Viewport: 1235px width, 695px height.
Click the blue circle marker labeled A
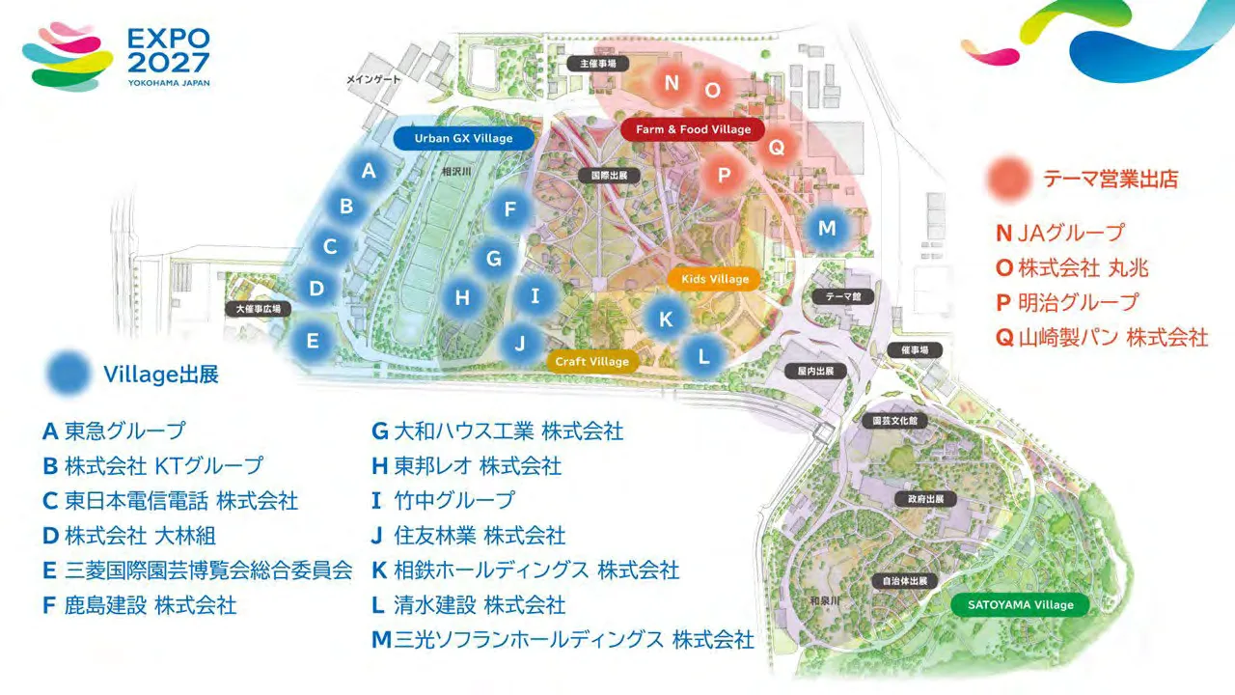coord(369,171)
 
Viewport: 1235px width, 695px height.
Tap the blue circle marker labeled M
coord(827,229)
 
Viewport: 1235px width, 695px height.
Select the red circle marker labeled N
coord(672,83)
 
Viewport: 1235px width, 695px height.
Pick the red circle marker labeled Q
coord(777,148)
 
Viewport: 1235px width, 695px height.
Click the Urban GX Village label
coord(464,138)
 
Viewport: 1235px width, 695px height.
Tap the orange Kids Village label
coord(715,279)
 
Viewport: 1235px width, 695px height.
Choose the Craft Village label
coord(592,362)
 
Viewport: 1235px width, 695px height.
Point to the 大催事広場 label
coord(259,309)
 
